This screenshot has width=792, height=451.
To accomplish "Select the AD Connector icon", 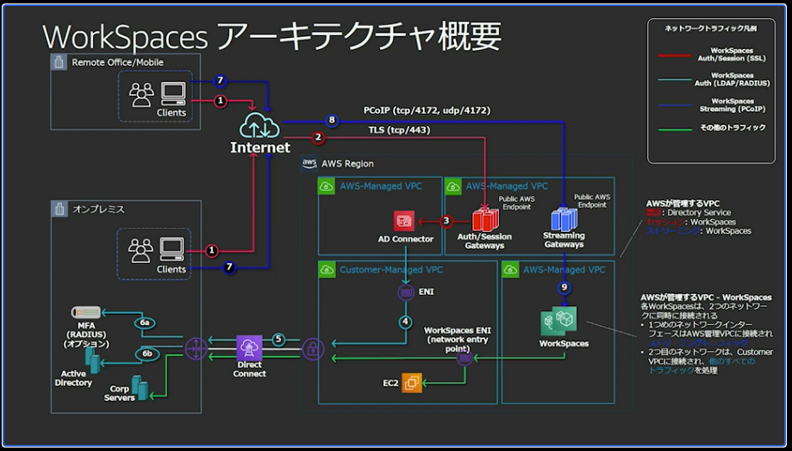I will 405,220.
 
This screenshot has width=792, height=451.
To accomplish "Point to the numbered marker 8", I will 331,120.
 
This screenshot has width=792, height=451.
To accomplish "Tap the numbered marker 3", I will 446,220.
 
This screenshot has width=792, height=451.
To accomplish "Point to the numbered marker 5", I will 278,339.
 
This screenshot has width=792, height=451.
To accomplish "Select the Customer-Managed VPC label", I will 381,270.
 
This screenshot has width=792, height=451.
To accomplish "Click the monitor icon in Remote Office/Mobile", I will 173,91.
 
